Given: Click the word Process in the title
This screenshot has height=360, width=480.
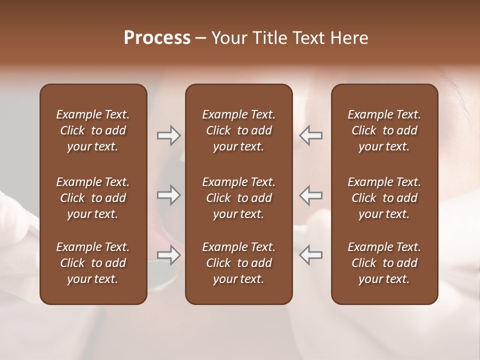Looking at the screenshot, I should tap(157, 38).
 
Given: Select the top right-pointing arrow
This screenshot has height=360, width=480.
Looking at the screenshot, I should tap(168, 135).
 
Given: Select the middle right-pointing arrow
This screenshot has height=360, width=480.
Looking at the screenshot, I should tap(168, 195).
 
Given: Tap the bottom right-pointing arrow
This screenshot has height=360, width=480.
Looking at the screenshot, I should tap(168, 255).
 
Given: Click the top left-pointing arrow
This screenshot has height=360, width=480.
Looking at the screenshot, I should tap(310, 135).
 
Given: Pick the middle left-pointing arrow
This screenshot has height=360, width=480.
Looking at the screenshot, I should tap(310, 195).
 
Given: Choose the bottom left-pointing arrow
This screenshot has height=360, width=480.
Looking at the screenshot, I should tap(310, 255).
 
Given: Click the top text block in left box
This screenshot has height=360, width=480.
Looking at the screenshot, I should tap(93, 130).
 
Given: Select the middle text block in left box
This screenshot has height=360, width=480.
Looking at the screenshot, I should tap(93, 198).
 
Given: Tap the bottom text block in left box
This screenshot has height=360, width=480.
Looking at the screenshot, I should tap(93, 263).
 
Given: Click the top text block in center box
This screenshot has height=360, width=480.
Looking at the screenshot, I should tap(239, 130).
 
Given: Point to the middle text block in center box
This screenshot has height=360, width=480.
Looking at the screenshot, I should tap(239, 198).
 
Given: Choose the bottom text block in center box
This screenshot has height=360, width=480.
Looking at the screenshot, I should tap(239, 263).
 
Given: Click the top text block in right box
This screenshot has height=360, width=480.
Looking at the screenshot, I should tap(384, 130).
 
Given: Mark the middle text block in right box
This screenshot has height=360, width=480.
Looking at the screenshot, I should tap(384, 198).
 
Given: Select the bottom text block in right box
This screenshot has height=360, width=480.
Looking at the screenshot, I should tap(384, 263).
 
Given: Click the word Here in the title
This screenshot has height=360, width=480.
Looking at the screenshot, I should tap(349, 38).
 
